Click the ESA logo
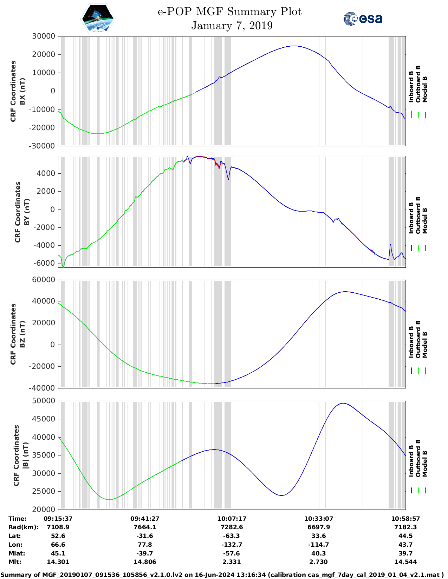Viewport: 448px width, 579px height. [x=363, y=18]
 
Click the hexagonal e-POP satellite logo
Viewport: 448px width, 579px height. [x=98, y=18]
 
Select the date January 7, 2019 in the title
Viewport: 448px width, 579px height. [x=232, y=26]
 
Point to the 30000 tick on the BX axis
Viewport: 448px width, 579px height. [x=44, y=36]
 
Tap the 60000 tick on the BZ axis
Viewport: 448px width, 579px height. [x=44, y=280]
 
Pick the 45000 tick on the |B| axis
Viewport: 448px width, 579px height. [x=44, y=419]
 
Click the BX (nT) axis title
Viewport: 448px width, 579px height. [x=22, y=91]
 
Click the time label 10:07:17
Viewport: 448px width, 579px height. [x=232, y=519]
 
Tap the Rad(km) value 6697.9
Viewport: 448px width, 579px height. [x=319, y=527]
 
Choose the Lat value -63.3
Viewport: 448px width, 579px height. [x=232, y=536]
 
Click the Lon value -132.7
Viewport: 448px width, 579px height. [x=232, y=545]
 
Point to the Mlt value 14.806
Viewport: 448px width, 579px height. [x=145, y=562]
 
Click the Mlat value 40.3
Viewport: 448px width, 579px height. [x=319, y=553]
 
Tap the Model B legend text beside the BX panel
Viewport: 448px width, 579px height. [x=425, y=89]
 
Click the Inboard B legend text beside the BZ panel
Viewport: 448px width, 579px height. [x=411, y=342]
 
